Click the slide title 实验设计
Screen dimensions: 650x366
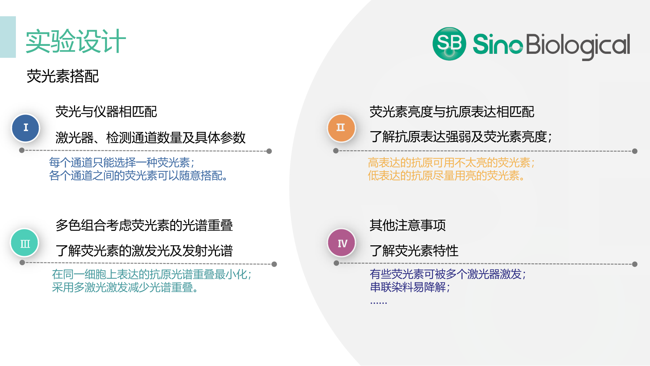click(76, 41)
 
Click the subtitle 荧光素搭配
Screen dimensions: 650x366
click(62, 76)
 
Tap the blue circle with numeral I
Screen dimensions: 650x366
click(26, 128)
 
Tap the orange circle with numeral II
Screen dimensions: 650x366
click(341, 128)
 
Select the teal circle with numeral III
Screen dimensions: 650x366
click(25, 243)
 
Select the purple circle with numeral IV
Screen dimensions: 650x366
click(342, 243)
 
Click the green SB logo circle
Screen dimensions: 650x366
click(449, 44)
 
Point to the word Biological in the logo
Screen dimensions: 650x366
click(578, 46)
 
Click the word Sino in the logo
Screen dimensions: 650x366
click(498, 44)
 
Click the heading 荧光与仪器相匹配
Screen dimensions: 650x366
click(106, 112)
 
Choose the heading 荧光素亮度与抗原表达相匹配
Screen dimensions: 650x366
click(452, 112)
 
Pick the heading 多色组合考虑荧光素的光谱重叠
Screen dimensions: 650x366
click(144, 225)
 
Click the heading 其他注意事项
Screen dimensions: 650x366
click(408, 225)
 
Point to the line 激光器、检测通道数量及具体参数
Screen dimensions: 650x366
click(151, 137)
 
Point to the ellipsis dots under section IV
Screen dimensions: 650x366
click(378, 302)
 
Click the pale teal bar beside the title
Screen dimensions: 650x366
click(8, 37)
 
